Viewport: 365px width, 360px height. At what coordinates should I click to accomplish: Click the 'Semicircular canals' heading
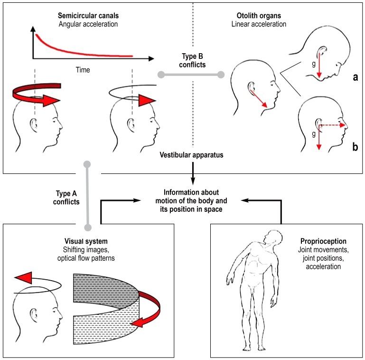click(88, 16)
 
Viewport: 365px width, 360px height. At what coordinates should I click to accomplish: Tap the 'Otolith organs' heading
click(259, 16)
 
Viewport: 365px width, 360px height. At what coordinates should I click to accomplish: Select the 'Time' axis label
click(83, 70)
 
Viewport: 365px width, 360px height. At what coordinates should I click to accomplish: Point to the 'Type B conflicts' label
click(192, 60)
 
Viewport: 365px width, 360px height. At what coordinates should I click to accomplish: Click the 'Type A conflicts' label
click(66, 198)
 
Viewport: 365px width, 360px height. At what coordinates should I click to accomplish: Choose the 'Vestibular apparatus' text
click(191, 155)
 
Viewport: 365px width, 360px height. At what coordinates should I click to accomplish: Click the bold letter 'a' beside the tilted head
click(355, 77)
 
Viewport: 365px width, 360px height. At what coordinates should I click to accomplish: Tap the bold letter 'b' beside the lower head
click(355, 147)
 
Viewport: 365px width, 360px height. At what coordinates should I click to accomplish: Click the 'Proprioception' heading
click(323, 241)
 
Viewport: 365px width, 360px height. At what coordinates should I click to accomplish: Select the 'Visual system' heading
click(86, 241)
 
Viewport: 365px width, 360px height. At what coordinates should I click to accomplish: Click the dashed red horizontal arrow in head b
click(332, 125)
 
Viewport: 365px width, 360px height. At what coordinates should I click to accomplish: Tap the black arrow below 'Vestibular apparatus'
click(193, 173)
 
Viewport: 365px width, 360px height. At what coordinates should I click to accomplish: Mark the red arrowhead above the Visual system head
click(23, 277)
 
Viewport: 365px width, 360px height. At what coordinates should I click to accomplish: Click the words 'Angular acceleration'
click(88, 24)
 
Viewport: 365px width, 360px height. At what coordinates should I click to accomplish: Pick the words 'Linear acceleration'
click(259, 24)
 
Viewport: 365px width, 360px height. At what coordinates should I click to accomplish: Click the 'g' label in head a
click(314, 64)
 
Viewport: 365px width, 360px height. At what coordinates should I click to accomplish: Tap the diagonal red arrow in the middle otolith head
click(259, 99)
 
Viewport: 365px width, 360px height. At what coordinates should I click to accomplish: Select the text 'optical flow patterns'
click(86, 258)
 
